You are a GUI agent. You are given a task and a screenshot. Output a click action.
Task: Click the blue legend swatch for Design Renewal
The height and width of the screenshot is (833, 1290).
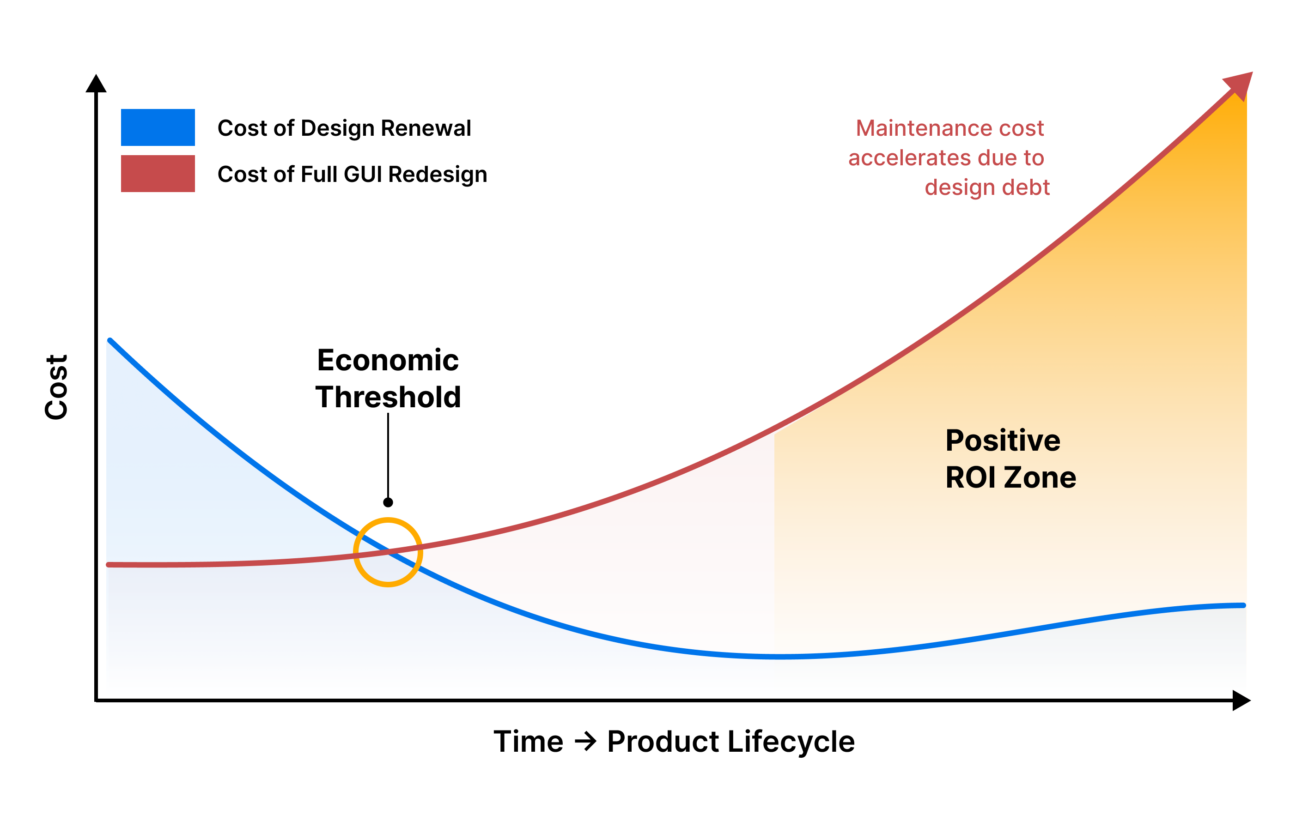(158, 127)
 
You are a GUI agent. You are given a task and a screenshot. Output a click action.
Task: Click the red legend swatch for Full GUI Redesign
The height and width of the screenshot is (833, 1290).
(158, 173)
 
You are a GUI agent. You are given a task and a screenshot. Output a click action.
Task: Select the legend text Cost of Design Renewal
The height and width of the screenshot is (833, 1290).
(344, 128)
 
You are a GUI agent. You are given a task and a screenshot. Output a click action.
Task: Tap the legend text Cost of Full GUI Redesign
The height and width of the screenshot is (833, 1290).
(352, 174)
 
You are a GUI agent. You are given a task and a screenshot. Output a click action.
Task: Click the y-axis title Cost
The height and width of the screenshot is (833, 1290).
(56, 387)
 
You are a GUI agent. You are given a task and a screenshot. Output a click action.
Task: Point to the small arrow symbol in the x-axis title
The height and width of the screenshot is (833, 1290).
(585, 741)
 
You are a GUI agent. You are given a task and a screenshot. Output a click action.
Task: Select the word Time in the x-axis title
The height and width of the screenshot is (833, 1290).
(528, 741)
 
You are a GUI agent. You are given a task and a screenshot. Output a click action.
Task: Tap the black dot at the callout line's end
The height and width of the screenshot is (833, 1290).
(388, 502)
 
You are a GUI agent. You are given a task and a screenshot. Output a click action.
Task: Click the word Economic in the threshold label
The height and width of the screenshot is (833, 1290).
(388, 360)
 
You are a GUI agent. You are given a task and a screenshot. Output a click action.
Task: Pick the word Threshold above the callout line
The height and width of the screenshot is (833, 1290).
(388, 397)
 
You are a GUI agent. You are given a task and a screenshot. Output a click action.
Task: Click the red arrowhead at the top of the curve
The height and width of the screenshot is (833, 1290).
(1240, 85)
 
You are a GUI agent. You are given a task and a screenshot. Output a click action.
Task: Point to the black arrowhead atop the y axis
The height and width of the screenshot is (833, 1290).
(96, 84)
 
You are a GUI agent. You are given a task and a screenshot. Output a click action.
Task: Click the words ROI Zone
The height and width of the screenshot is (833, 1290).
(1010, 477)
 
